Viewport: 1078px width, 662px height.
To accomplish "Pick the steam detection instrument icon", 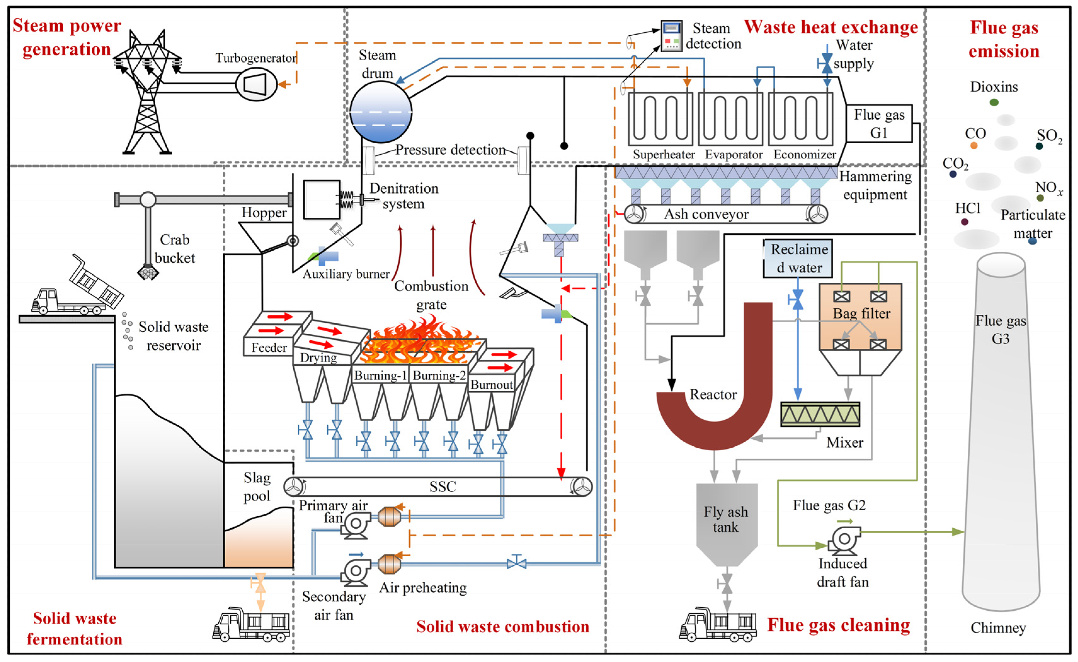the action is click(671, 36).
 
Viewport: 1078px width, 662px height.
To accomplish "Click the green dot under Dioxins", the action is click(994, 102).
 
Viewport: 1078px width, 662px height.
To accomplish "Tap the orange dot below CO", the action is click(973, 145).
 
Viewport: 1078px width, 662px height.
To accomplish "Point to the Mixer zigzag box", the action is click(820, 414).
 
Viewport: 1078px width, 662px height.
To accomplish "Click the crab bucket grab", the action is click(148, 272).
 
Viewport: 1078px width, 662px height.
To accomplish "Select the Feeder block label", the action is click(269, 347).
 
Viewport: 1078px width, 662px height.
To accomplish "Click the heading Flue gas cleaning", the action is click(838, 625).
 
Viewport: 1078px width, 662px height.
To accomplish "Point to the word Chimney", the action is click(998, 628).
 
